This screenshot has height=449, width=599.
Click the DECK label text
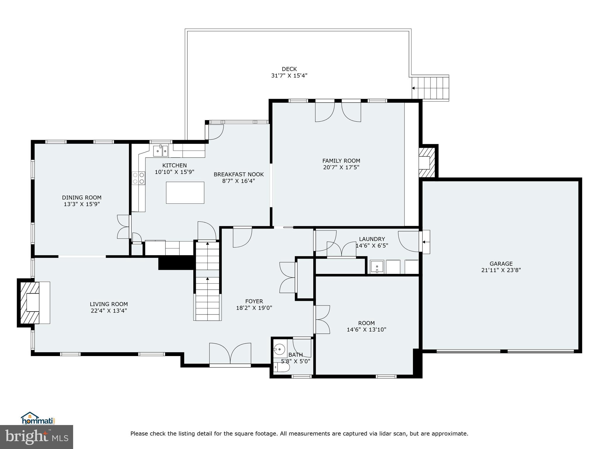point(289,69)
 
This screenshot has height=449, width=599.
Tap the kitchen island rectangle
point(185,192)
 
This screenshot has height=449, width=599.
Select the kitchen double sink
point(161,151)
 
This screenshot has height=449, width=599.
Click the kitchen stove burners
point(138,178)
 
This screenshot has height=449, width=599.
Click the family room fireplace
point(427,163)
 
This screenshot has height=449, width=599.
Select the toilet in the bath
point(281,367)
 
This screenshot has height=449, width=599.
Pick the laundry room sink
point(377,267)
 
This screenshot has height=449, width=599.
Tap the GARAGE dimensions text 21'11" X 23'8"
point(501,270)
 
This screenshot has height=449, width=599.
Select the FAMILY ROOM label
point(341,161)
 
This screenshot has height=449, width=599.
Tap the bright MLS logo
point(37,437)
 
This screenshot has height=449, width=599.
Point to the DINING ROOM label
point(82,198)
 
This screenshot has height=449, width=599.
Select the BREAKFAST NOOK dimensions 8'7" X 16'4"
point(238,181)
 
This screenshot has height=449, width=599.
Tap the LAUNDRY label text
point(372,239)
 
